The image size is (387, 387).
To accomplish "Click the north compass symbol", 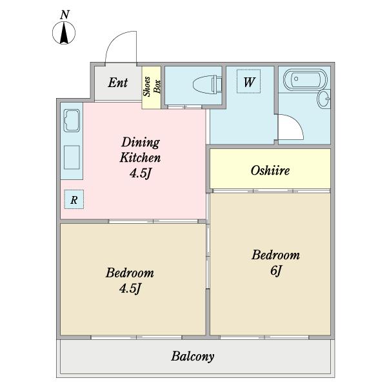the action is [x=64, y=33].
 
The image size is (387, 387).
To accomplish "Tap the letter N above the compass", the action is [x=64, y=15].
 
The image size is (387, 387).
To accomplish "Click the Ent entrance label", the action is [x=118, y=83].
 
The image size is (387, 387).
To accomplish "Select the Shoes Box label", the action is [x=152, y=86].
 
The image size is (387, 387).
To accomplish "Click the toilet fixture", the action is [x=207, y=85].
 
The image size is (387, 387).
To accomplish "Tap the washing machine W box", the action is [x=248, y=81].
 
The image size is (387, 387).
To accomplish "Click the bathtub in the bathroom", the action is [x=305, y=79].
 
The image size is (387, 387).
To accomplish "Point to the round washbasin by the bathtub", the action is [x=324, y=99].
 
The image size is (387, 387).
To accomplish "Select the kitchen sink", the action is [x=72, y=121].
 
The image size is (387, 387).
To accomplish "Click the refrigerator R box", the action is [x=74, y=199].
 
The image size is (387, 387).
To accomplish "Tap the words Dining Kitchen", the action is [x=140, y=150].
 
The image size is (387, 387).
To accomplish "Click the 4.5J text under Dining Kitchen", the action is [x=140, y=174].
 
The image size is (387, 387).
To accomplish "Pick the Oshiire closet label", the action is [x=270, y=170].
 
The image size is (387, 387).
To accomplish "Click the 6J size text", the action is [x=275, y=270].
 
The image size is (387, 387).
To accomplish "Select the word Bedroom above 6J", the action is [x=275, y=255].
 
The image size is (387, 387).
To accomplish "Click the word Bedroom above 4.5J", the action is [x=130, y=273].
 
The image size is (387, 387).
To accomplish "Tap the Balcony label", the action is [x=193, y=356].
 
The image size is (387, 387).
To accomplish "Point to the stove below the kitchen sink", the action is [x=72, y=157].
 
